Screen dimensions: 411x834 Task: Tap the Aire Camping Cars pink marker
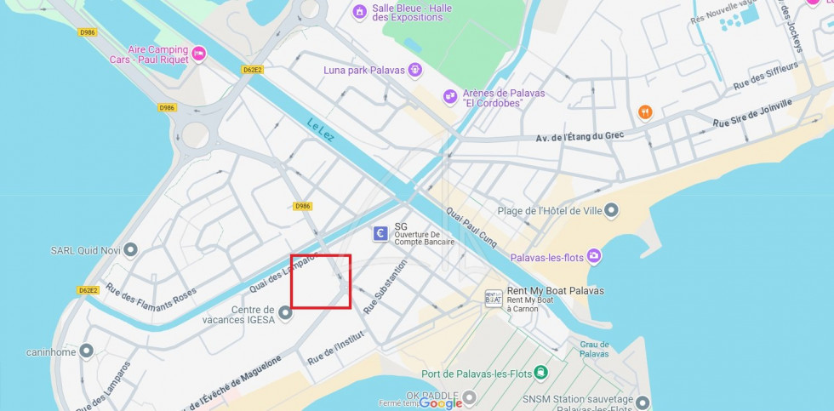(x=198, y=54)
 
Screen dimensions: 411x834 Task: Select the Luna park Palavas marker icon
(x=414, y=69)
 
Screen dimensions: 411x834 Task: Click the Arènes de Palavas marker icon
(x=450, y=98)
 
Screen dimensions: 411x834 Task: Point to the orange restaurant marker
(x=645, y=112)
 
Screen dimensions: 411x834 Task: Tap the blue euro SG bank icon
(x=381, y=233)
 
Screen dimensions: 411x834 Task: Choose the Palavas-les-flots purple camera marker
(x=593, y=256)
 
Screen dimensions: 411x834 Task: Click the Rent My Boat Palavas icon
(x=494, y=297)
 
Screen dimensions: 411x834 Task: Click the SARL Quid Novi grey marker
(x=129, y=249)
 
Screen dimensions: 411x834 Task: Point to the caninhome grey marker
(x=86, y=351)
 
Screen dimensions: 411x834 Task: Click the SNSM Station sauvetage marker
(x=642, y=402)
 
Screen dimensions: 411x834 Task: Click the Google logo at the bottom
(x=440, y=402)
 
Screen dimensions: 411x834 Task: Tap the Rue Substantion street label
(x=386, y=287)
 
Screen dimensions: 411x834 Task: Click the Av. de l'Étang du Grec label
(x=580, y=137)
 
